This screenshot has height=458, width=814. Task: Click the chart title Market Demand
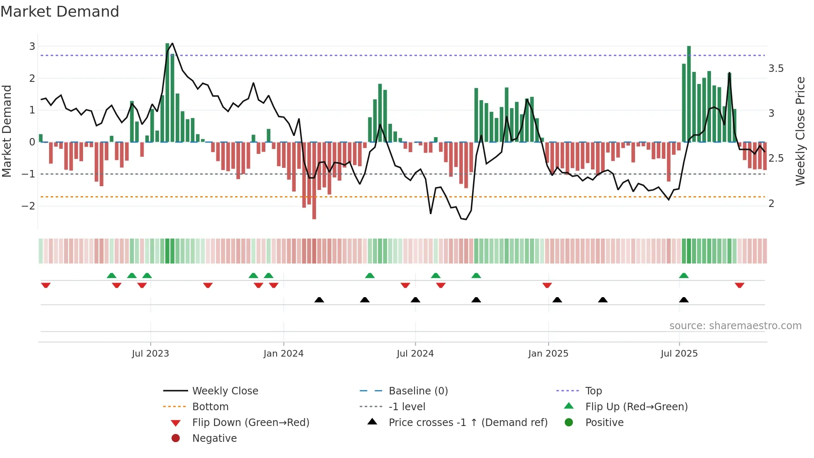60,12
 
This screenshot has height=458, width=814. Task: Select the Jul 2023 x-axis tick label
150,354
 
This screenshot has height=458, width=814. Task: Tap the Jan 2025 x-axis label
548,354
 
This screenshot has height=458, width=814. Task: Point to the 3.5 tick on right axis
776,69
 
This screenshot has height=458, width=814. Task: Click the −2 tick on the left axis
28,206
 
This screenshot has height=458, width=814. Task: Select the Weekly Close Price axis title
800,131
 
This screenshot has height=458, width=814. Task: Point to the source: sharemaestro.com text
735,326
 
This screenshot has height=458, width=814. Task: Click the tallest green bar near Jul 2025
689,94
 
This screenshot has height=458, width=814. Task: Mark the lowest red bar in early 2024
314,181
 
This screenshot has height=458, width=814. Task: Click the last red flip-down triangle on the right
739,285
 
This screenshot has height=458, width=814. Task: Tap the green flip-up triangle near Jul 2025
684,276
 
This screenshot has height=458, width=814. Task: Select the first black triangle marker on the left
319,300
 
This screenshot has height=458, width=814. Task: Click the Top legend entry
593,391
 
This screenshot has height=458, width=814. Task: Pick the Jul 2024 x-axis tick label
415,354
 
